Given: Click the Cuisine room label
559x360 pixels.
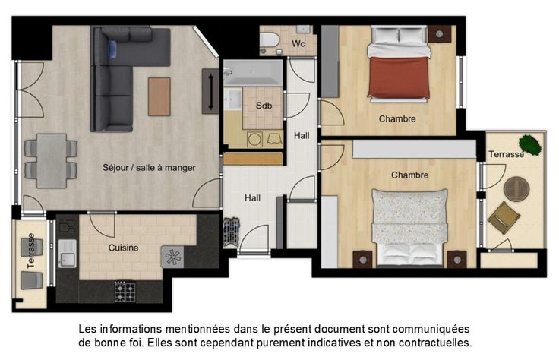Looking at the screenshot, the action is [123, 248].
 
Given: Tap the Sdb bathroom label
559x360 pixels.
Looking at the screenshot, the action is [264, 106].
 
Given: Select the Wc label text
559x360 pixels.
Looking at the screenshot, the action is [298, 44].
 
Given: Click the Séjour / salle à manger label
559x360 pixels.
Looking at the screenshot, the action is [149, 168].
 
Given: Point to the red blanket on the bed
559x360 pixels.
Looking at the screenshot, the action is [399, 77].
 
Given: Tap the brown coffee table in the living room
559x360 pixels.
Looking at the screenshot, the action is [159, 96].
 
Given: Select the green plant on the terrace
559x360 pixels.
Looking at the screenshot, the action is [530, 145].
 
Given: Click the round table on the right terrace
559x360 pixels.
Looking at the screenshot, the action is [516, 188].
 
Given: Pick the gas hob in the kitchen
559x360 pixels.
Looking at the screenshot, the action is [125, 292].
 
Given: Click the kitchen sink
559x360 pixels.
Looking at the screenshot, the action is [67, 254].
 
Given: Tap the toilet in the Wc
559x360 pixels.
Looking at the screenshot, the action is [269, 40].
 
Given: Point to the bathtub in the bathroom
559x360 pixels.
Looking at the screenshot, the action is [253, 73].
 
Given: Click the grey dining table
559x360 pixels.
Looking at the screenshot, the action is [52, 161].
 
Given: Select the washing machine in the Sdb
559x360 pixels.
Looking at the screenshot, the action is [254, 139].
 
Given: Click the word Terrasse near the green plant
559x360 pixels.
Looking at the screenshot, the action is [506, 154].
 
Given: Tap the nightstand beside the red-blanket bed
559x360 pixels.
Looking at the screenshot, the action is [439, 35].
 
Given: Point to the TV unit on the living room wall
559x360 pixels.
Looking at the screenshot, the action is [210, 92].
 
